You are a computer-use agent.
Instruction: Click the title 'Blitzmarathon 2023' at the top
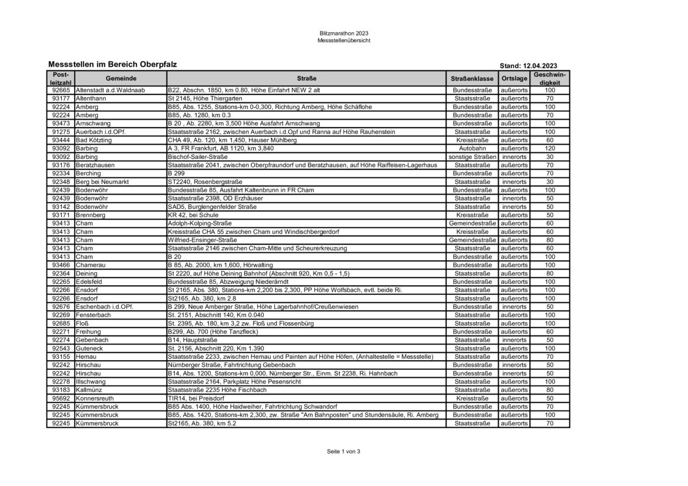click(344, 33)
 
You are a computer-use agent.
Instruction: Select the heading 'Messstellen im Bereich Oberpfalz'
click(112, 65)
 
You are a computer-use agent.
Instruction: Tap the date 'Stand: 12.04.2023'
click(528, 66)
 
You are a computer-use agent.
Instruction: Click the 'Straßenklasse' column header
click(472, 78)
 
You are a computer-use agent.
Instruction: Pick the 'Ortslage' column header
click(514, 78)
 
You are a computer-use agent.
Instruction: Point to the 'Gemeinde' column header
click(120, 78)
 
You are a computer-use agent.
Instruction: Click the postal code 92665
click(60, 90)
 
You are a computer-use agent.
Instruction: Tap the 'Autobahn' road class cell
click(472, 148)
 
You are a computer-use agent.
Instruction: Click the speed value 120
click(550, 148)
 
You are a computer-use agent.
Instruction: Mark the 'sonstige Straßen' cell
click(472, 157)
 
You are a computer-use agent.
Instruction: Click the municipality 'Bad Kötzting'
click(94, 140)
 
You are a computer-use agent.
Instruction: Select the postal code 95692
click(60, 398)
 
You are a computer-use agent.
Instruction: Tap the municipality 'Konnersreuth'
click(96, 398)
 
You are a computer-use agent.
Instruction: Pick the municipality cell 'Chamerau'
click(91, 265)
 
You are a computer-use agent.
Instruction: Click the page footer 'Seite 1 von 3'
click(343, 451)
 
